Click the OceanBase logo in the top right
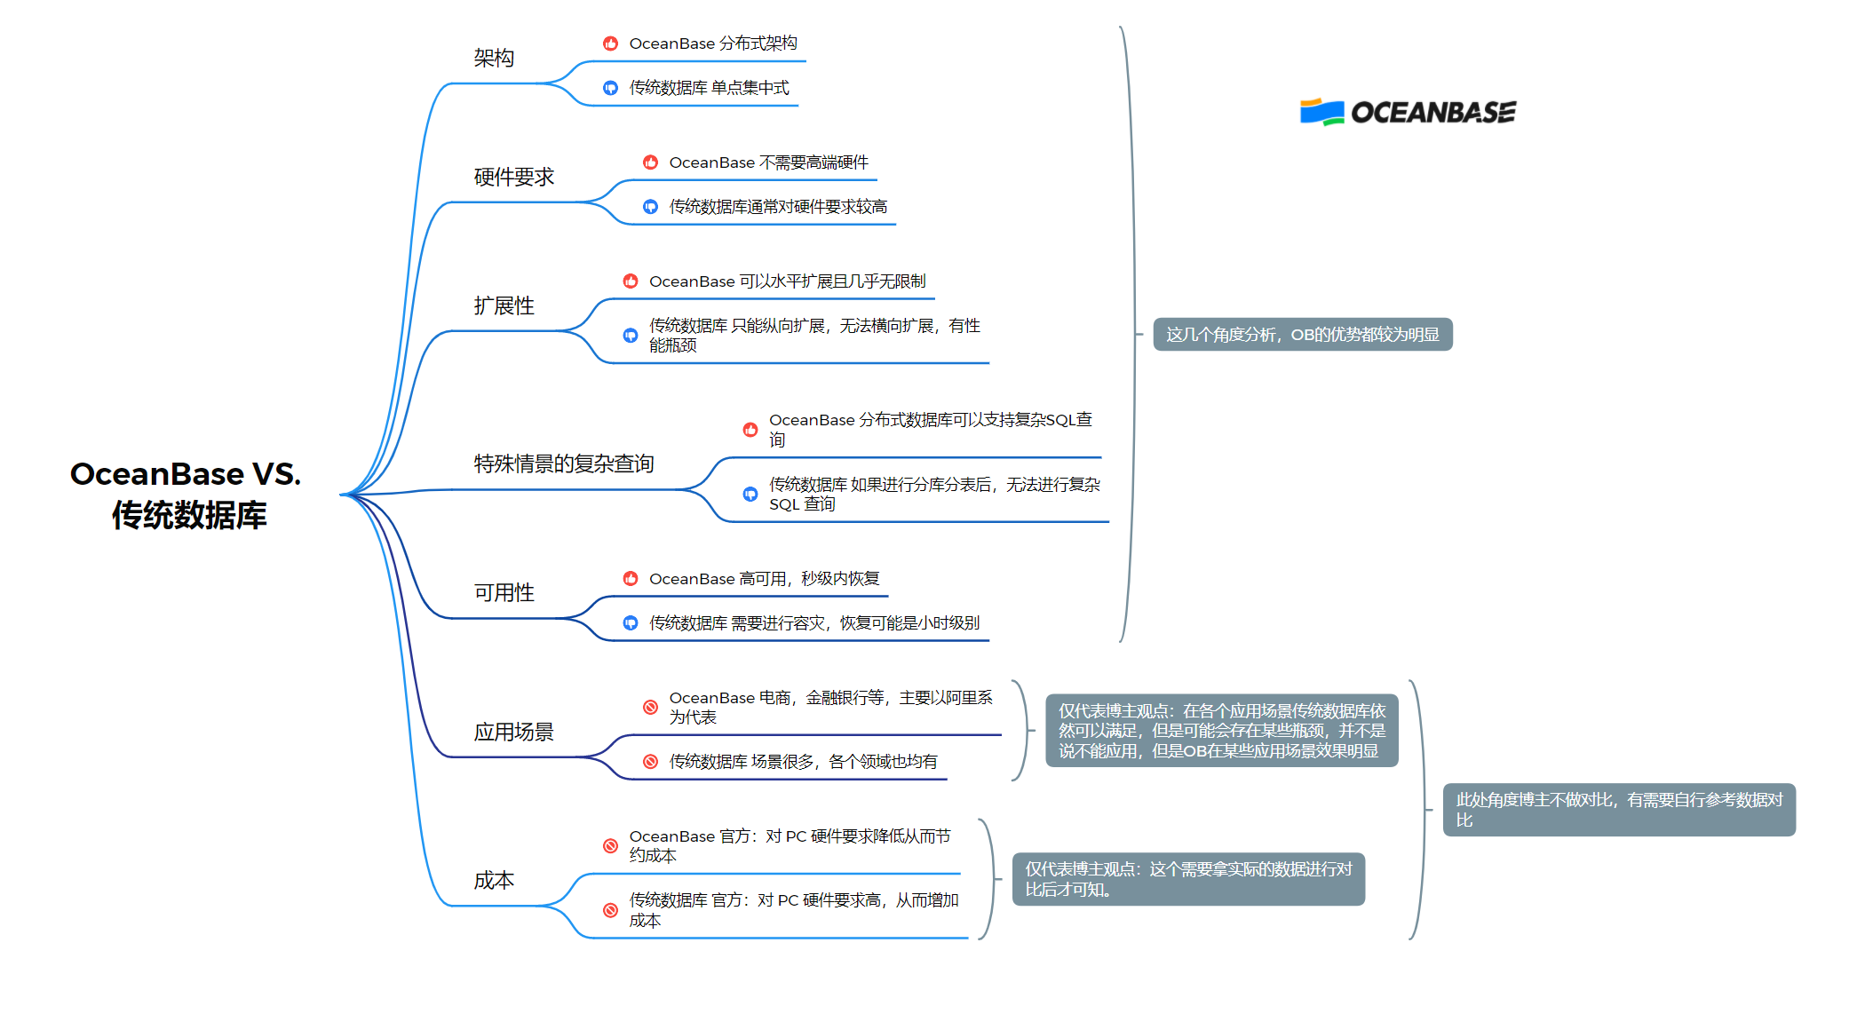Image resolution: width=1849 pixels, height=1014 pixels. point(1408,113)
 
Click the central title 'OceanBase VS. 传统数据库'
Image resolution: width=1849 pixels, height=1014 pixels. point(186,495)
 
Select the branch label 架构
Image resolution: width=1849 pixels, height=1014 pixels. point(494,59)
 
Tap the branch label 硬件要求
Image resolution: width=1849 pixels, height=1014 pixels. point(513,178)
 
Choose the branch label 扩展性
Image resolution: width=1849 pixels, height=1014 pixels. point(504,306)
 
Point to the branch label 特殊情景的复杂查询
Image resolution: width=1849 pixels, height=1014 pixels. point(563,463)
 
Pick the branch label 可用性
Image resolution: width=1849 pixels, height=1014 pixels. point(504,593)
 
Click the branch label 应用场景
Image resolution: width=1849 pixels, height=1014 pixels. point(513,733)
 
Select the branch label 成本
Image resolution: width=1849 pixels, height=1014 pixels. point(494,881)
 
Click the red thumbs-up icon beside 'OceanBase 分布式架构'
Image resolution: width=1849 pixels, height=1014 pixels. point(610,44)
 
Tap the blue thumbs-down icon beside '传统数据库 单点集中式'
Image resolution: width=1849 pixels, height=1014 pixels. point(610,88)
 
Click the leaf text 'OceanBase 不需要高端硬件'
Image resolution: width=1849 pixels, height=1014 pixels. point(768,162)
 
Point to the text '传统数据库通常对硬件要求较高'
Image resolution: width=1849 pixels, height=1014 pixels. point(778,207)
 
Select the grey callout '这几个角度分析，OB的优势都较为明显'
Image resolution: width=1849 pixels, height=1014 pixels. point(1302,335)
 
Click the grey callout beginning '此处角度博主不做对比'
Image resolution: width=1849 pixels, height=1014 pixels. point(1618,810)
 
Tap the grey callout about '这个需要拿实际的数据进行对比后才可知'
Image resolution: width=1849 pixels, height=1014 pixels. point(1187,879)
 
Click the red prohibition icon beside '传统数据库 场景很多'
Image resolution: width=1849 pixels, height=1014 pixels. point(650,762)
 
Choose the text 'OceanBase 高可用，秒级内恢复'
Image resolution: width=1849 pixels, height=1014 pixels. point(764,579)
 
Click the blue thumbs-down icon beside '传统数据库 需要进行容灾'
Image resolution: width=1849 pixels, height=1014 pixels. point(631,623)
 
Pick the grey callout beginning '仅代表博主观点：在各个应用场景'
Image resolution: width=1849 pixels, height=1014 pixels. point(1221,731)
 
